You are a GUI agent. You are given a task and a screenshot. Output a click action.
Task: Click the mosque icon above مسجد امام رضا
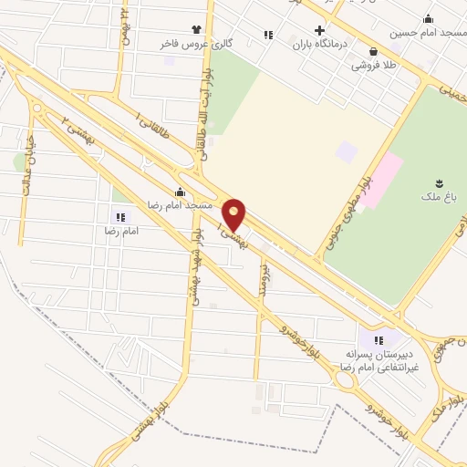click(x=180, y=192)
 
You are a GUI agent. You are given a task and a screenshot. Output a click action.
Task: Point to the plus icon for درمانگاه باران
click(x=319, y=30)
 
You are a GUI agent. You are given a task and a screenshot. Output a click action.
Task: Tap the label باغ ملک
click(x=441, y=198)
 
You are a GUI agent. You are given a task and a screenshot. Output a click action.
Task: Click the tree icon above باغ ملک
click(x=441, y=183)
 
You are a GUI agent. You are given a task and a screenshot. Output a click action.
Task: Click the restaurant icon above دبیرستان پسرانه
click(x=379, y=340)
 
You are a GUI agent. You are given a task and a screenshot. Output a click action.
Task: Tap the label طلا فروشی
click(x=373, y=66)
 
